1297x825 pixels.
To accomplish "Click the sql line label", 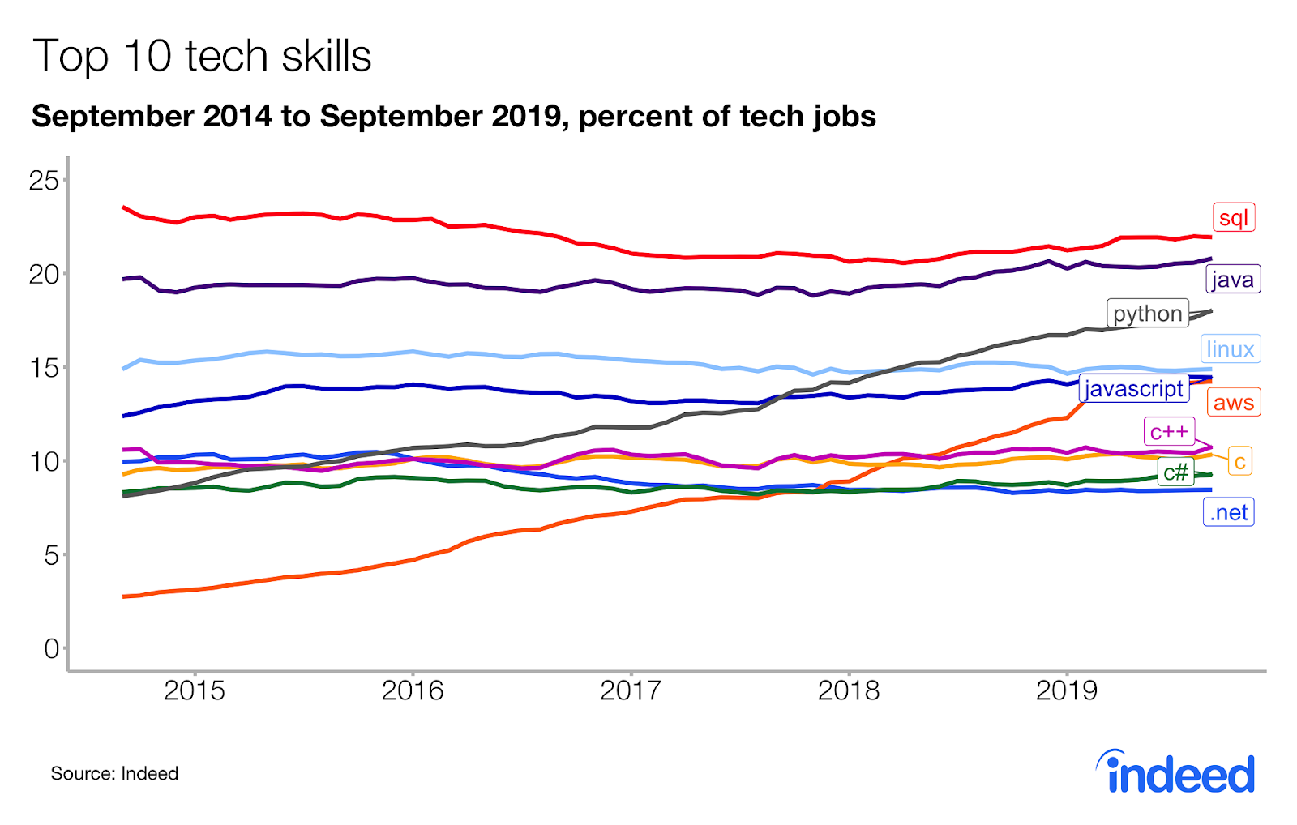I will click(x=1234, y=217).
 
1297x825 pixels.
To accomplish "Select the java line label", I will click(x=1233, y=280).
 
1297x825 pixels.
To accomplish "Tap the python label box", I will click(x=1147, y=314).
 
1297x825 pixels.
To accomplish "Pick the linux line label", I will click(x=1231, y=349).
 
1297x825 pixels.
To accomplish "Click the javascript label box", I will click(x=1134, y=389).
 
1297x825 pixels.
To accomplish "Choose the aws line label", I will click(x=1234, y=402).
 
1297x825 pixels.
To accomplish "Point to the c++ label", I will click(x=1169, y=432).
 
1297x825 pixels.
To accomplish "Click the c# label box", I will click(x=1175, y=472).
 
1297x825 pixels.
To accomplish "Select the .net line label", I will click(x=1229, y=512).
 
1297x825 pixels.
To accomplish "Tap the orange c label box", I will click(x=1240, y=462).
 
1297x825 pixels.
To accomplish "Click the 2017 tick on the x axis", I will click(x=631, y=690).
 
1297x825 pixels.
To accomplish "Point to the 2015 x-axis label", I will click(x=195, y=690).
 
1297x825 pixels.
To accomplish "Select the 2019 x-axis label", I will click(x=1067, y=690).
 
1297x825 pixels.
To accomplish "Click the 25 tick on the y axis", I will click(x=44, y=180).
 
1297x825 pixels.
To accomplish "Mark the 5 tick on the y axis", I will click(x=52, y=555).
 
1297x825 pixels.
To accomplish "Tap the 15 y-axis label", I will click(x=44, y=368).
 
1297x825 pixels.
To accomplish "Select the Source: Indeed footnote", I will click(x=114, y=773).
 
